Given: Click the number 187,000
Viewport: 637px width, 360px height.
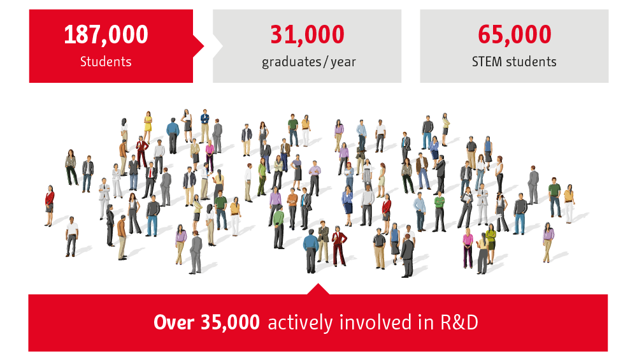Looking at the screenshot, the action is (106, 34).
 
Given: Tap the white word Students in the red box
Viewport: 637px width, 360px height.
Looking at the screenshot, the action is (106, 62).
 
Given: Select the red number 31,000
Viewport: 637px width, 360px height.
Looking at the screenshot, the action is (307, 34).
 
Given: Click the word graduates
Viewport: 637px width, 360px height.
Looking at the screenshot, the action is (292, 62).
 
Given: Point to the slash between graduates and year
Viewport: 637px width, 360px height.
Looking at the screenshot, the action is (326, 62).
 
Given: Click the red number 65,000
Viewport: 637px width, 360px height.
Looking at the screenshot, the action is (514, 34).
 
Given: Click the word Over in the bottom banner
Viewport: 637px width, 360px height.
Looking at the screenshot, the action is (174, 322).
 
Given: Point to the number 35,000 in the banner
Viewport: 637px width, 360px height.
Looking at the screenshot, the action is (230, 322).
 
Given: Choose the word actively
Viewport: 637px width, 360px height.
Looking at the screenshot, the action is (300, 324).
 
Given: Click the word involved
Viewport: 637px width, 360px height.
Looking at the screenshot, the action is (375, 322).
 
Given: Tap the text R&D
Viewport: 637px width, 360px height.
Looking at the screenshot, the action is (459, 322).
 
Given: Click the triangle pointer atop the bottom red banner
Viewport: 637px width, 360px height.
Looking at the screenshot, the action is (318, 289).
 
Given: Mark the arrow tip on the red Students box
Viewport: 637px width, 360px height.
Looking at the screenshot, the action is (204, 46).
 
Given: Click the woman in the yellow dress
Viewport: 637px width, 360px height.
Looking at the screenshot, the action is (148, 126).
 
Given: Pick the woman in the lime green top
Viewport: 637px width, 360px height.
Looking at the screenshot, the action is (491, 244).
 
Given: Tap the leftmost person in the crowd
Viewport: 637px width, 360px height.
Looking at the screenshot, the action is (49, 206).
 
